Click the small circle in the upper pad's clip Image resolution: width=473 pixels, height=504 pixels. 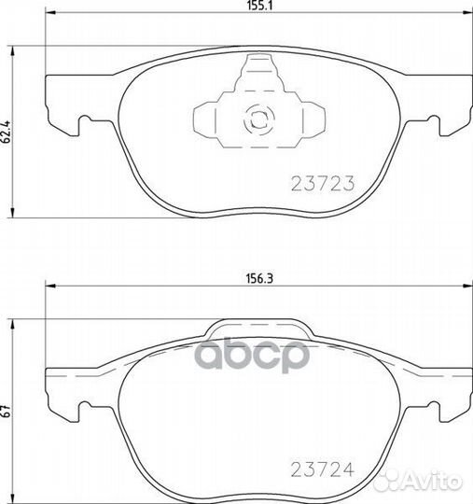pyautogui.click(x=256, y=119)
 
